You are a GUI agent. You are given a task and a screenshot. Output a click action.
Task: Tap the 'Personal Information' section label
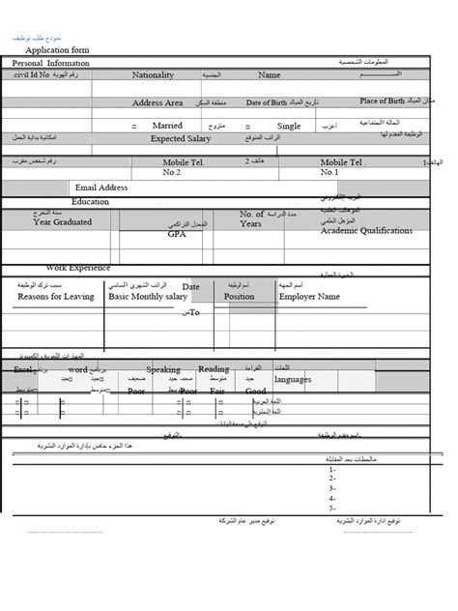coord(51,64)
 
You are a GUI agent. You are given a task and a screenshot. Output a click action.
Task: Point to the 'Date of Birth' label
coord(268,102)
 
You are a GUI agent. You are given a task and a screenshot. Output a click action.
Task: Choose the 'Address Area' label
coord(157,102)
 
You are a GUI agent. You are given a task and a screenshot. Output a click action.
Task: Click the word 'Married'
coord(167,126)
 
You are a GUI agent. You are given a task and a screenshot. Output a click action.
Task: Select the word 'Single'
coord(289,126)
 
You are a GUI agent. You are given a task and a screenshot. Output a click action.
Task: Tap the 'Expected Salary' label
coord(181,138)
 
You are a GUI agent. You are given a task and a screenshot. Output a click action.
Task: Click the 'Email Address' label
coord(100,187)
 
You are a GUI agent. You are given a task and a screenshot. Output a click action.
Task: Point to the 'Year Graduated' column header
coord(63,222)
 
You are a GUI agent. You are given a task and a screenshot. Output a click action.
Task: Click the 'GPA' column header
coord(176,233)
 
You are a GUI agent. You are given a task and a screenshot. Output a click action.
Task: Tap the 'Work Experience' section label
coord(78,267)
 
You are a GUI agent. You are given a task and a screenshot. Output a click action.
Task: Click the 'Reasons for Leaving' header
coord(55,297)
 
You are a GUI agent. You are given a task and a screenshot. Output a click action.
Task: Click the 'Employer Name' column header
coord(309,297)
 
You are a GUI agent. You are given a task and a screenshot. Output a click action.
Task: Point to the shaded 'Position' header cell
coord(239,297)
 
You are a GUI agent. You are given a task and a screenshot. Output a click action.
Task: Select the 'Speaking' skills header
coord(163,369)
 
